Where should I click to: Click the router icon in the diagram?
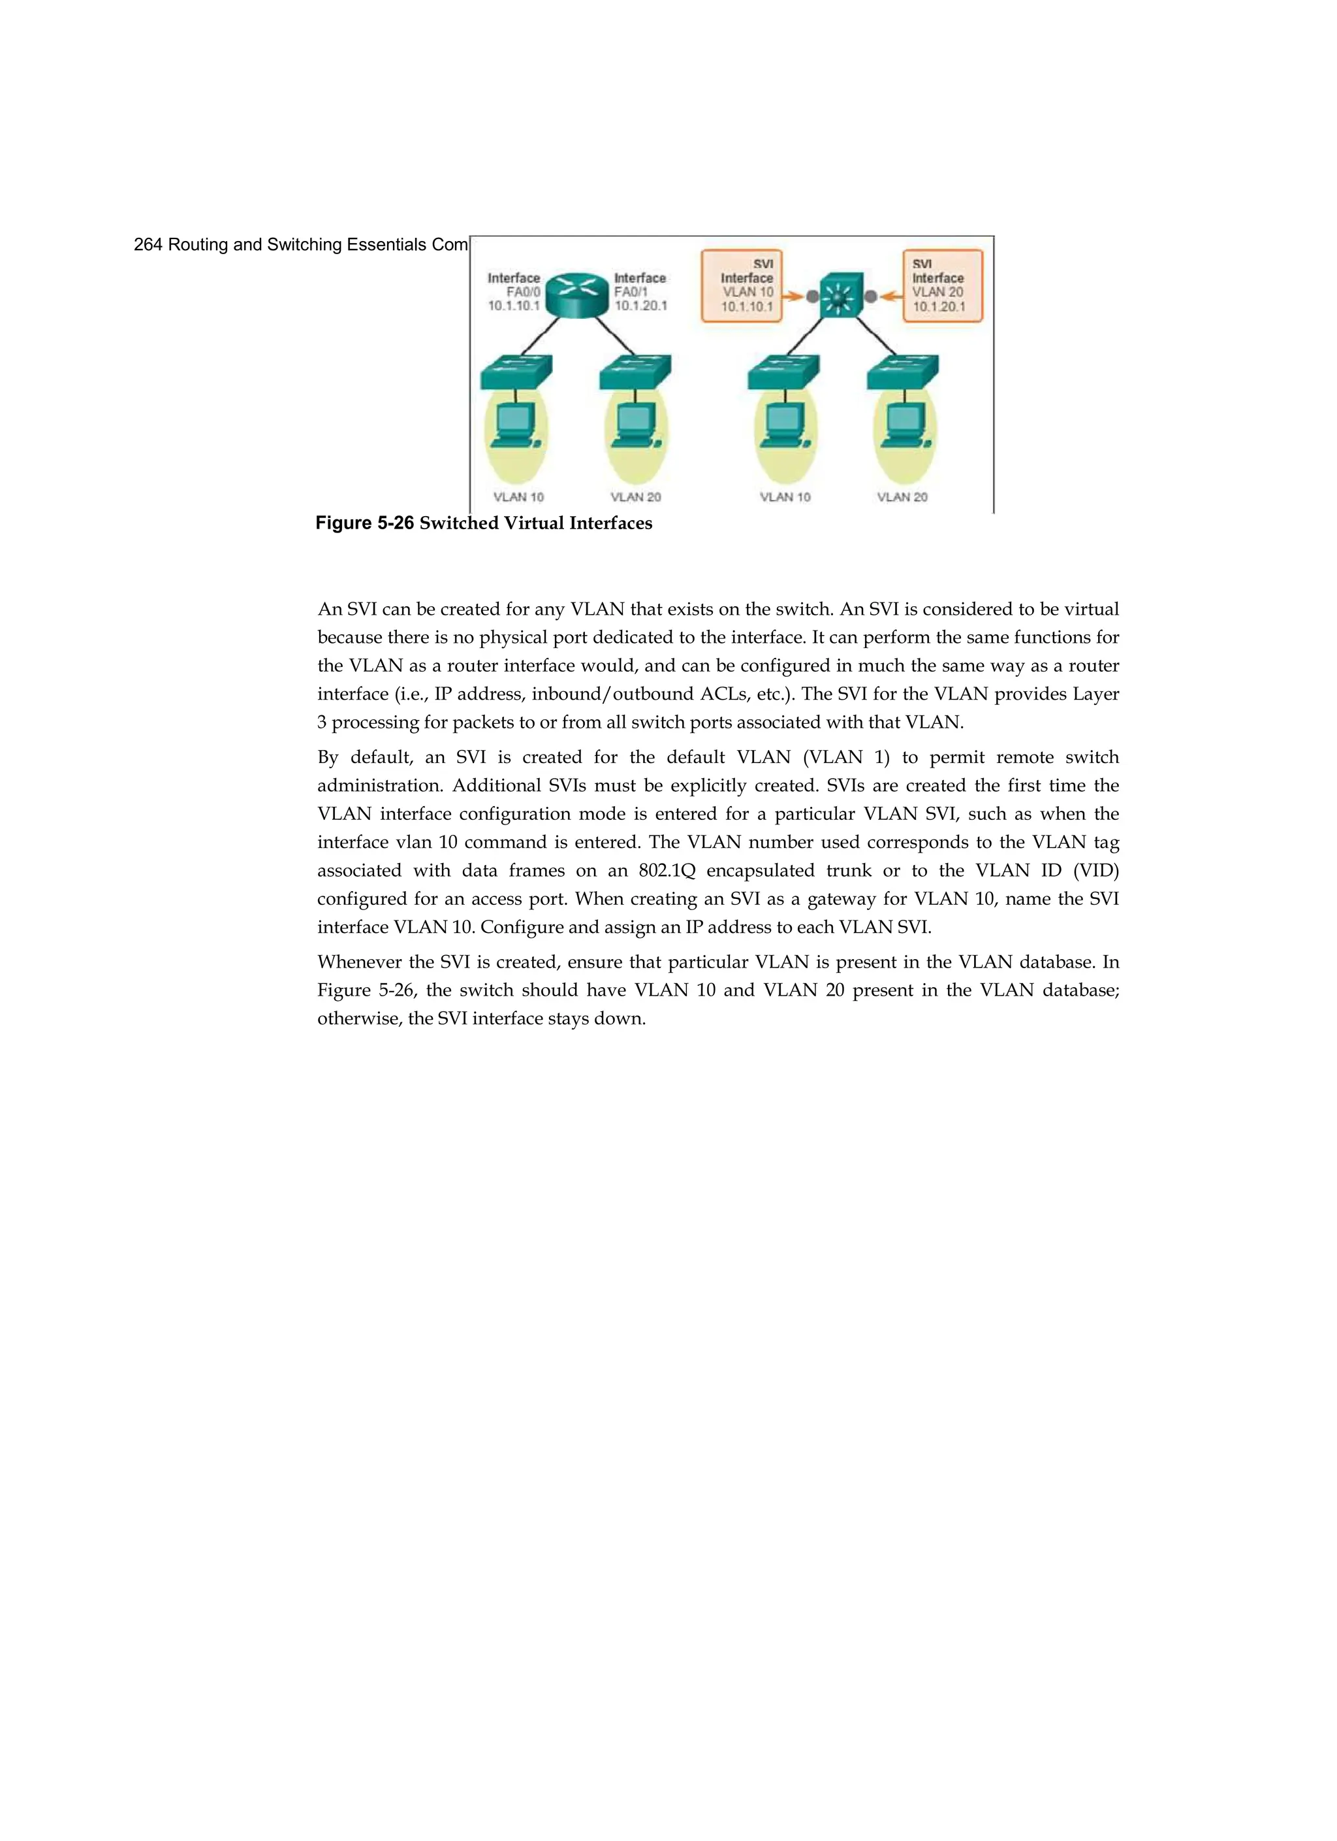577,295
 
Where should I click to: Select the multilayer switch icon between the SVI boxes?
842,297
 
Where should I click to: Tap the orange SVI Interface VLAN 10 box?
742,285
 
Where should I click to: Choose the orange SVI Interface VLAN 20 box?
942,285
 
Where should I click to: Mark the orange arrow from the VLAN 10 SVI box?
793,297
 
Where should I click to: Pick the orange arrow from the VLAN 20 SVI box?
892,297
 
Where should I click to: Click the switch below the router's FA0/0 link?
516,372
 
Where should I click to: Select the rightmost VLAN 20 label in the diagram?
902,497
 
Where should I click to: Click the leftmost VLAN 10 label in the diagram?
518,497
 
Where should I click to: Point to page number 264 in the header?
148,244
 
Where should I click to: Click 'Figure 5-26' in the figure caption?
364,523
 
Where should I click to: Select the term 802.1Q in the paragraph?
667,870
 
